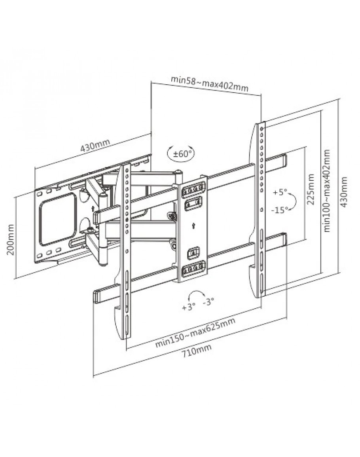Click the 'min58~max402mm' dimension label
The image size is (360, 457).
209,83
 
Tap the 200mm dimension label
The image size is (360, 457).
11,239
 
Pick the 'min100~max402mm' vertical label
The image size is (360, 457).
327,191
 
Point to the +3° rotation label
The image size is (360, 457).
188,307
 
